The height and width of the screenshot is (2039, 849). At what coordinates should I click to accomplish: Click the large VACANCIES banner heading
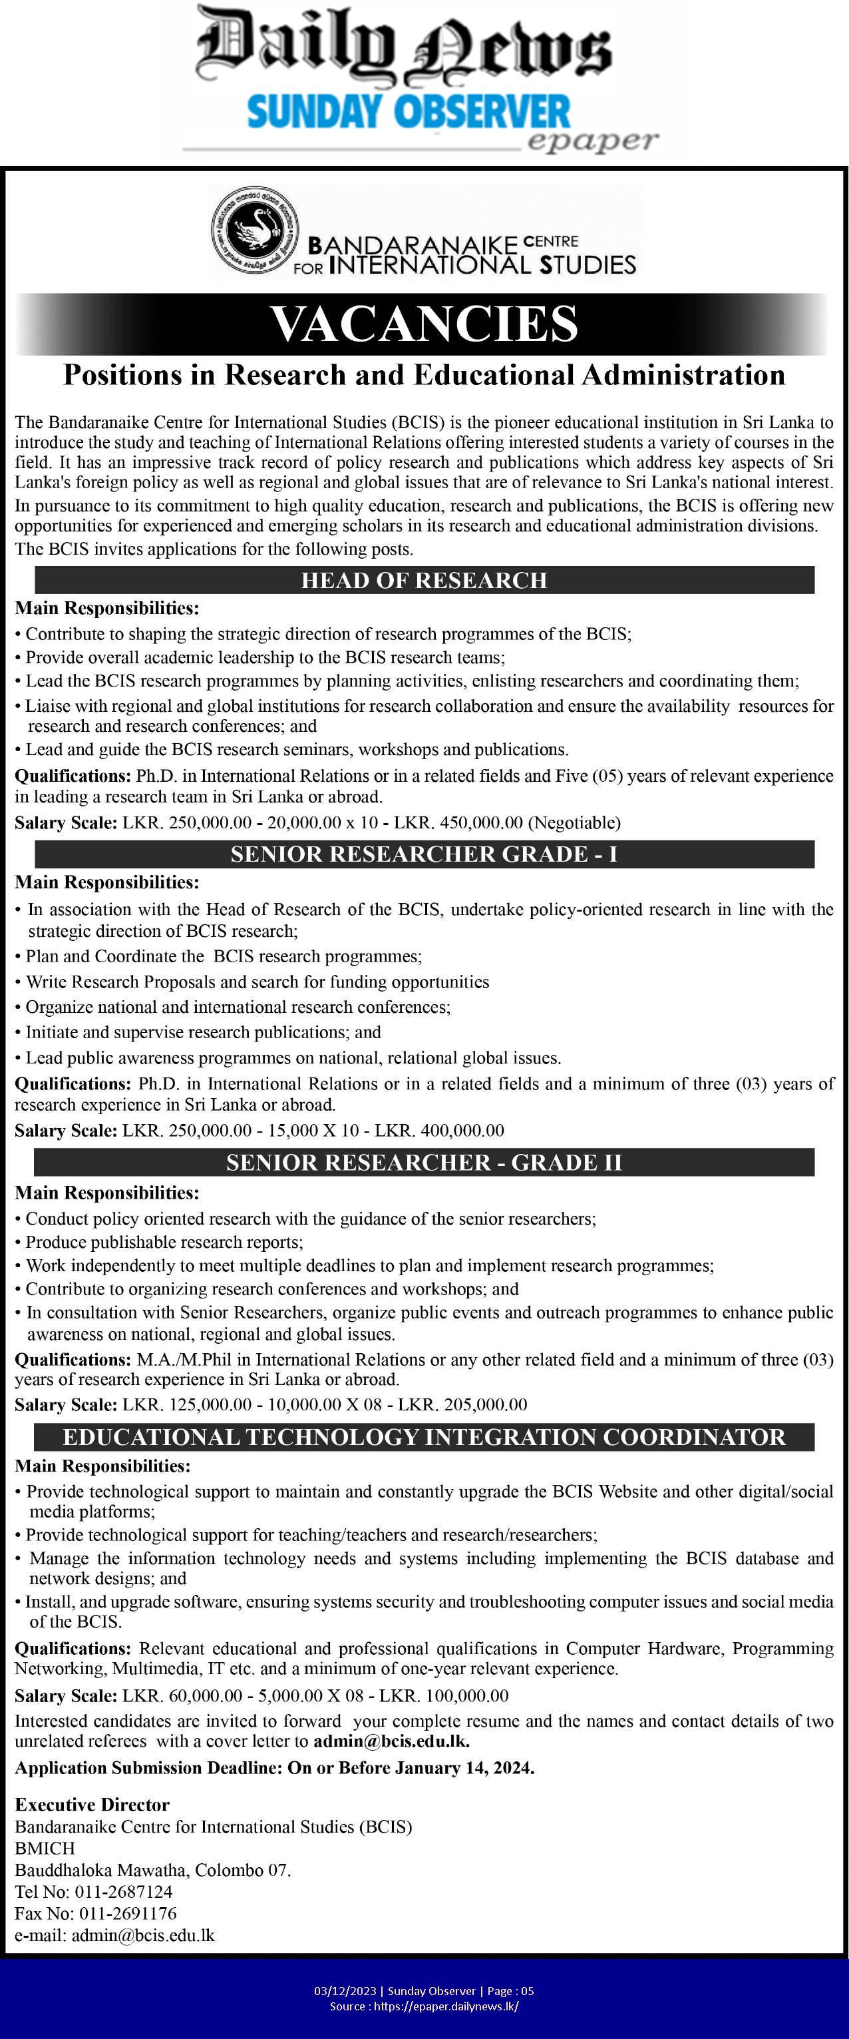(x=424, y=324)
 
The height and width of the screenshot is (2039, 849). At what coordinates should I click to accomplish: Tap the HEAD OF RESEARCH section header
(x=424, y=580)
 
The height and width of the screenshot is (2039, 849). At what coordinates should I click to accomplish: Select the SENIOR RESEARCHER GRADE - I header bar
(x=424, y=854)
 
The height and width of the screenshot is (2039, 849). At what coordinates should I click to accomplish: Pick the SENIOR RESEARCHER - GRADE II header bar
(x=424, y=1162)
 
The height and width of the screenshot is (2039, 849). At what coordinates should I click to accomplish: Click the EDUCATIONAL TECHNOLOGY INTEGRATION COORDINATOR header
(x=424, y=1436)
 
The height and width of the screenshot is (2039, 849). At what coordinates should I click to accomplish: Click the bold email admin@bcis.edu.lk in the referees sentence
(x=391, y=1741)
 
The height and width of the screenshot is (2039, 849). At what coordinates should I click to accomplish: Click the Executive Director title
(x=92, y=1805)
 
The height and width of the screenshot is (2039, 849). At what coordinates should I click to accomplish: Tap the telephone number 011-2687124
(x=124, y=1892)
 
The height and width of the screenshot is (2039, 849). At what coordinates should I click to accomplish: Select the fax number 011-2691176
(x=126, y=1913)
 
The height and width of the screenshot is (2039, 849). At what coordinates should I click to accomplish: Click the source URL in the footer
(x=446, y=2006)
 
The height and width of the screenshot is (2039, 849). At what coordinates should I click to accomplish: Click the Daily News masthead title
(x=403, y=43)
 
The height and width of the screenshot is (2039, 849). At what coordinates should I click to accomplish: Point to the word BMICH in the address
(x=45, y=1849)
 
